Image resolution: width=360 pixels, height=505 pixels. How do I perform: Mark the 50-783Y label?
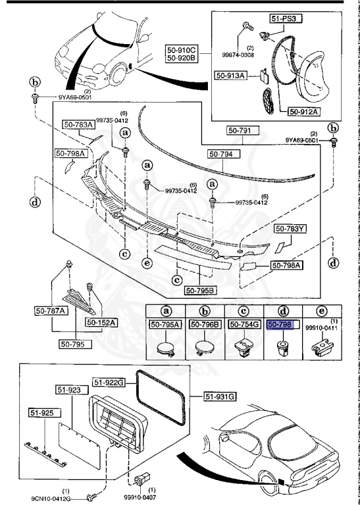tap(290, 229)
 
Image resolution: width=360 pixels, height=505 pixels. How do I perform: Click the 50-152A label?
tap(100, 323)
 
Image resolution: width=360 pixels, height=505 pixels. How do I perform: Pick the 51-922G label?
tap(108, 381)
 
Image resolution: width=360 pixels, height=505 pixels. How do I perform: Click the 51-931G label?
tap(220, 396)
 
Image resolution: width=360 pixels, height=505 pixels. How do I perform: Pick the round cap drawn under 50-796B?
tap(205, 346)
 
